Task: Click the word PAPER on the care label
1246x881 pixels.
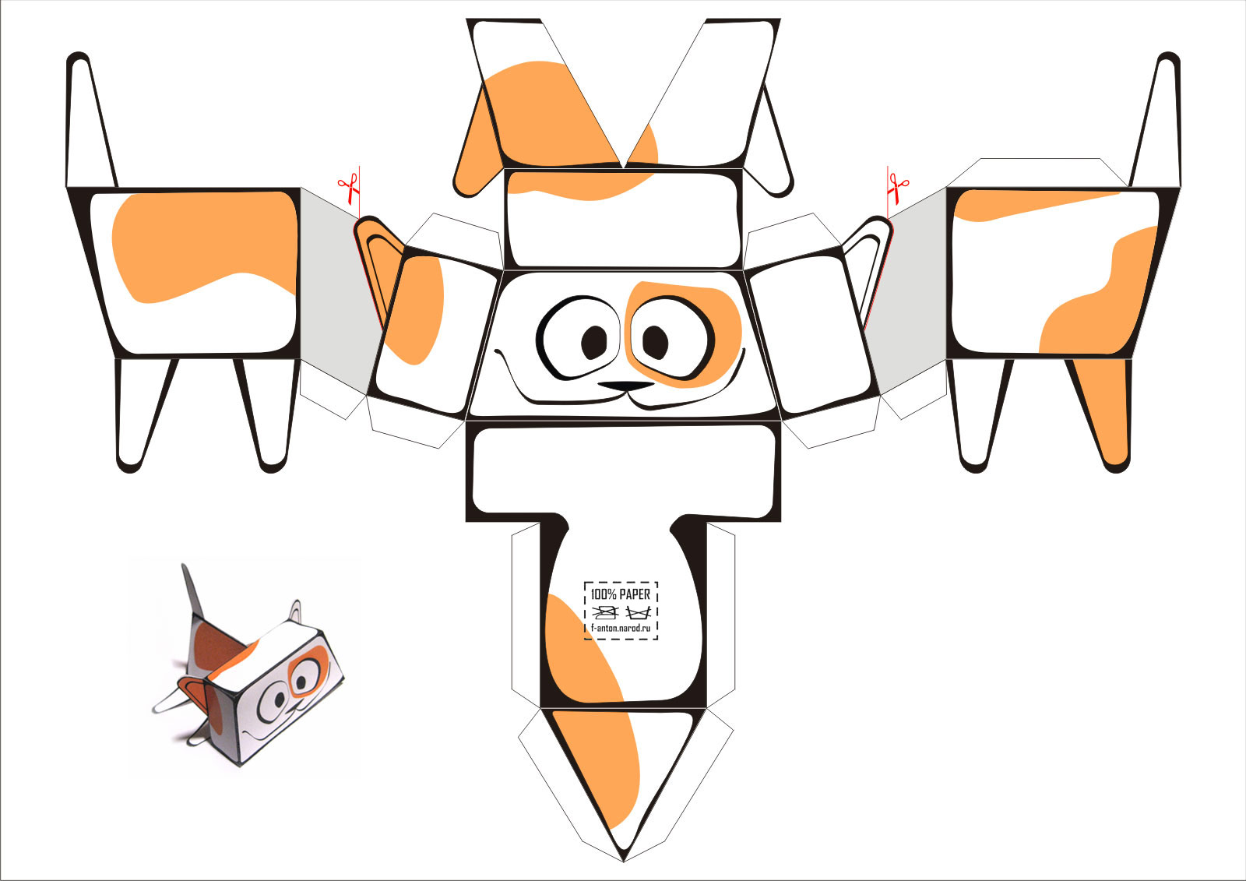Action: (x=635, y=594)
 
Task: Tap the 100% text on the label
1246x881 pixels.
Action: (x=603, y=594)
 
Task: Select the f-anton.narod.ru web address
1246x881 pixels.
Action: (x=620, y=628)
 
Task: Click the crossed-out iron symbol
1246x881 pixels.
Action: (x=604, y=612)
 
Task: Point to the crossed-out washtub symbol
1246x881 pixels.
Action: (x=638, y=613)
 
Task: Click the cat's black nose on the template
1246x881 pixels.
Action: (x=626, y=386)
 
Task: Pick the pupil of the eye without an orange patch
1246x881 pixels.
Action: (x=594, y=342)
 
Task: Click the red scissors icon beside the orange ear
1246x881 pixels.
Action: (x=348, y=188)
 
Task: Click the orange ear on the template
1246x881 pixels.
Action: (x=378, y=267)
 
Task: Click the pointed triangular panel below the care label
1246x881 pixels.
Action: (x=623, y=779)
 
